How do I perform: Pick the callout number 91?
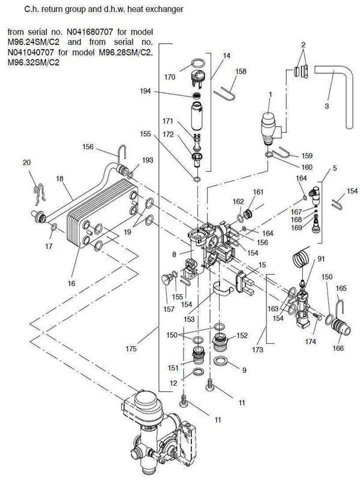pyautogui.click(x=320, y=259)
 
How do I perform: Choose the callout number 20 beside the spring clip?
pyautogui.click(x=26, y=163)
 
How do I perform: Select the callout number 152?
pyautogui.click(x=242, y=335)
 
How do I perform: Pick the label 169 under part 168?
pyautogui.click(x=295, y=228)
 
